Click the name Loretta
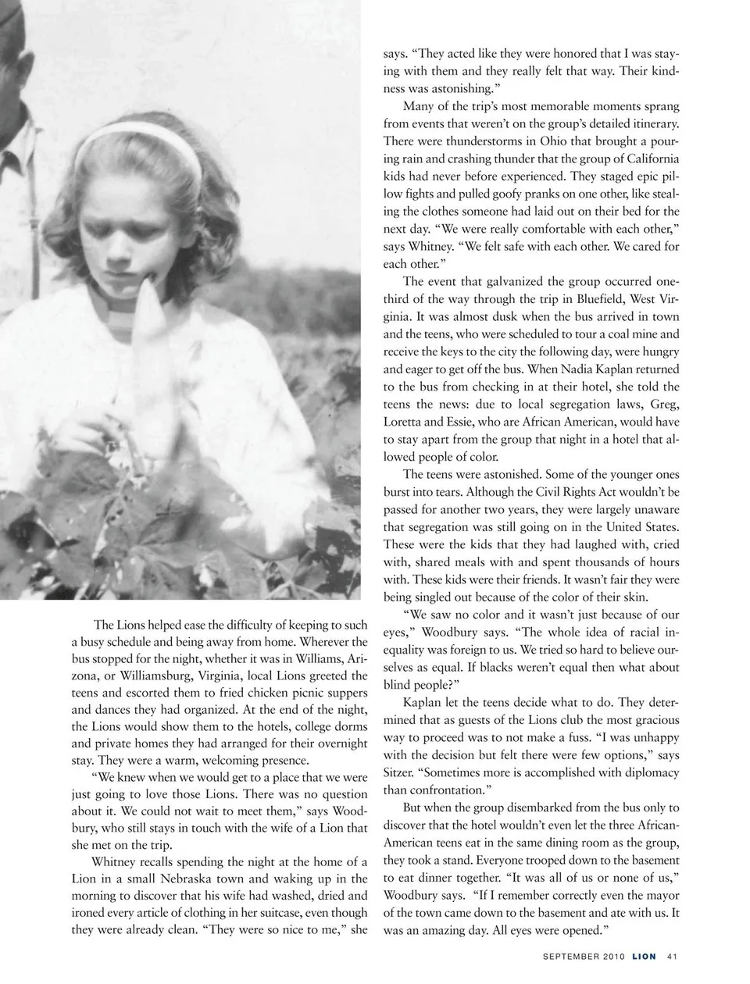point(404,422)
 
